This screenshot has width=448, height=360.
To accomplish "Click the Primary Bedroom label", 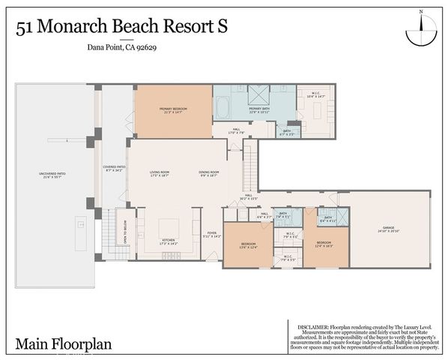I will click(x=172, y=110).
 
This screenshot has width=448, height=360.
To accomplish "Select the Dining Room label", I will click(x=209, y=173).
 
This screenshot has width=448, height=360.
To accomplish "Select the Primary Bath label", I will click(x=259, y=110).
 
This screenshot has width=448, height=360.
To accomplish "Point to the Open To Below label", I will click(x=124, y=237).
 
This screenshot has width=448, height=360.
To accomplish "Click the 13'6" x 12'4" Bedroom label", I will click(x=248, y=245).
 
